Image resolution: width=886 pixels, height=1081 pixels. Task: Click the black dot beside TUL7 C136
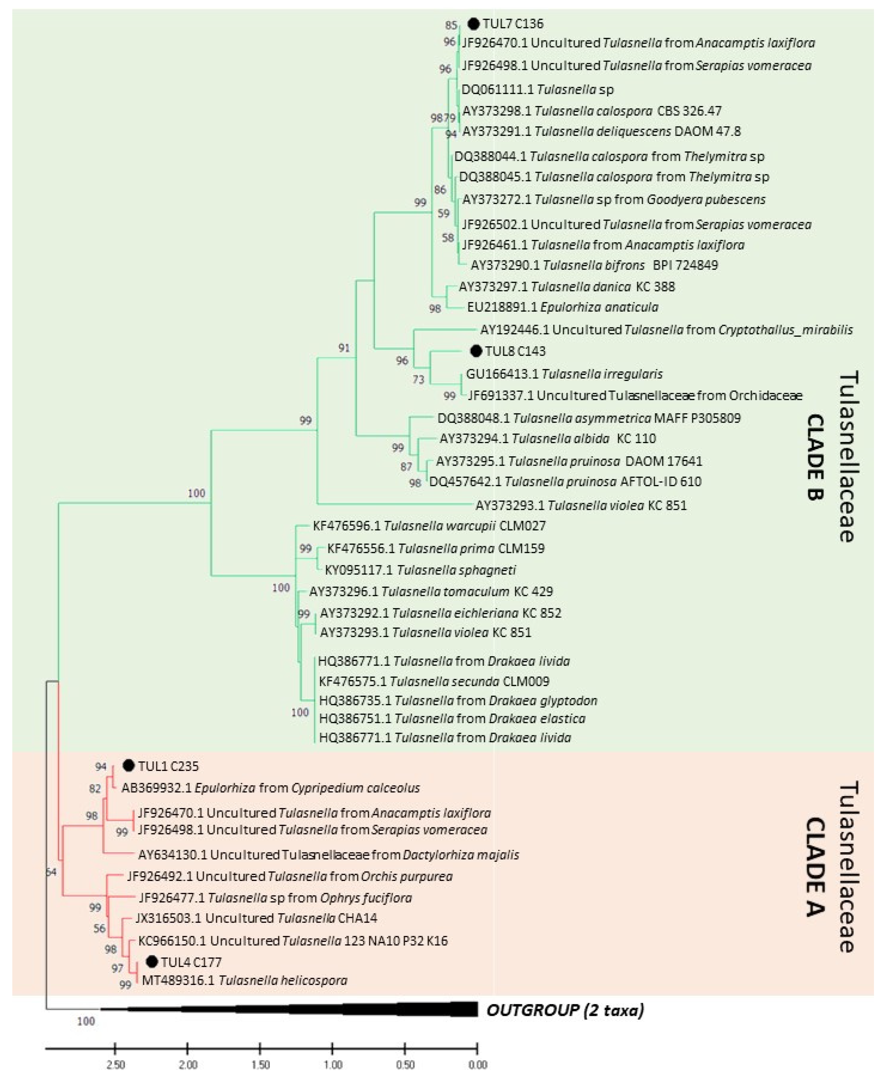474,24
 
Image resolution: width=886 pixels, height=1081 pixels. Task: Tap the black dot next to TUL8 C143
476,351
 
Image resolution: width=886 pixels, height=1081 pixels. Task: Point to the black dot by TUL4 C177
152,962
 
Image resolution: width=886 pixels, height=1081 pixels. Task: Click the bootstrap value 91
344,348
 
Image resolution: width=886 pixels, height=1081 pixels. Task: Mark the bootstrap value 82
95,789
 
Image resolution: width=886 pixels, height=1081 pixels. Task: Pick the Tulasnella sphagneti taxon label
456,570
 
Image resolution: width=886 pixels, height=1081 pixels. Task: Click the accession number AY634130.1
172,854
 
